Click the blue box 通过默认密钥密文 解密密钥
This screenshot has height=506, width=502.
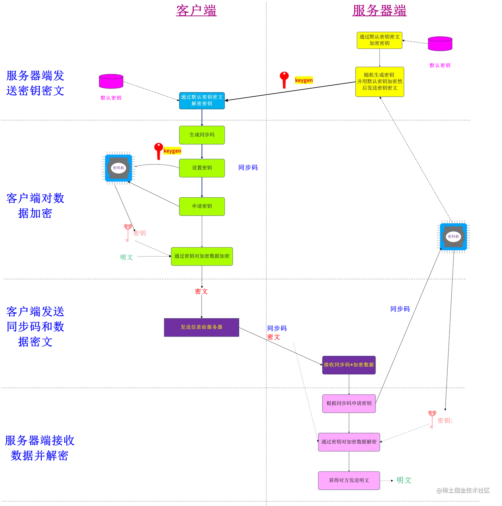pos(202,101)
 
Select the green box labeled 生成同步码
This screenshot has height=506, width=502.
pos(202,135)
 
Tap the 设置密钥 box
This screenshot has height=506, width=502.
pos(202,168)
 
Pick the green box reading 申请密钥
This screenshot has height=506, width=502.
pos(202,206)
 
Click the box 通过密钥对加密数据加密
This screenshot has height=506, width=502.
pos(202,256)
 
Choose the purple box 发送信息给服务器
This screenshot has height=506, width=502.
pos(201,327)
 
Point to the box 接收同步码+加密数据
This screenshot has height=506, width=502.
pos(349,365)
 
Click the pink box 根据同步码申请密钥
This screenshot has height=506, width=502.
pos(349,403)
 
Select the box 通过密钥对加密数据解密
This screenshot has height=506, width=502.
pos(349,442)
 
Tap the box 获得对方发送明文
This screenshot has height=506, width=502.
pos(349,480)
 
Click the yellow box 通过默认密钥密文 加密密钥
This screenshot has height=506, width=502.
pos(379,40)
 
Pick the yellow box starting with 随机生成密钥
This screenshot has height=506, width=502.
pos(379,82)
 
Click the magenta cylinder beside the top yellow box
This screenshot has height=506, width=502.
pos(440,44)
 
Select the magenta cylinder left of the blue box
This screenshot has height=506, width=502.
pos(111,81)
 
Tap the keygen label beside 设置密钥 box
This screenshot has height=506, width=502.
pos(172,151)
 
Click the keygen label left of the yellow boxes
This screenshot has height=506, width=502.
pos(304,80)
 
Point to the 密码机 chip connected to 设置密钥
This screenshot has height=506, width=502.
pos(119,168)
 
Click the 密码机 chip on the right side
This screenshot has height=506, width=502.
pos(453,237)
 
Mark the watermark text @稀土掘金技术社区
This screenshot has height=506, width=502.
pos(463,490)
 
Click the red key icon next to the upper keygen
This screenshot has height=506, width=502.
pos(284,79)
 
